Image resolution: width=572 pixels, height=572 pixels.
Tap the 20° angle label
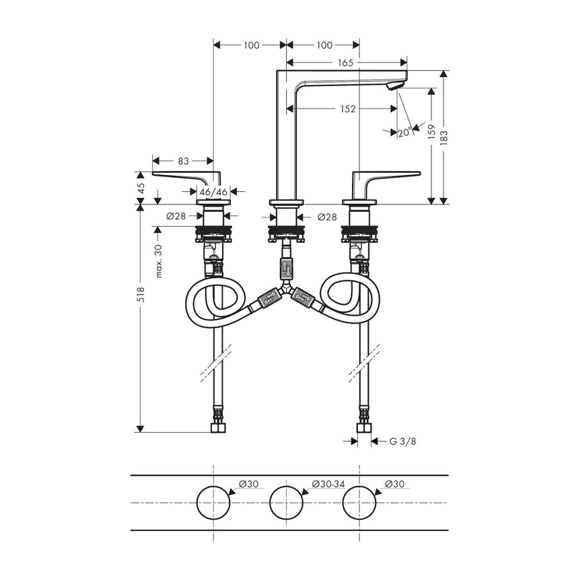point(404,133)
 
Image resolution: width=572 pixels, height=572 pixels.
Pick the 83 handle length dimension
point(183,161)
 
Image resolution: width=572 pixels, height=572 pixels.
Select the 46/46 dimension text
point(213,192)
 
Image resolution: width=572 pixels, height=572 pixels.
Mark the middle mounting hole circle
point(286,503)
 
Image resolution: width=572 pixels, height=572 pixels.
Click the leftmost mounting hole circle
point(213,503)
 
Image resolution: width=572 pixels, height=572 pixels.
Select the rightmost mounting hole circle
point(359,503)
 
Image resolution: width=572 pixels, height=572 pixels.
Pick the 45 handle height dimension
point(141,188)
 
